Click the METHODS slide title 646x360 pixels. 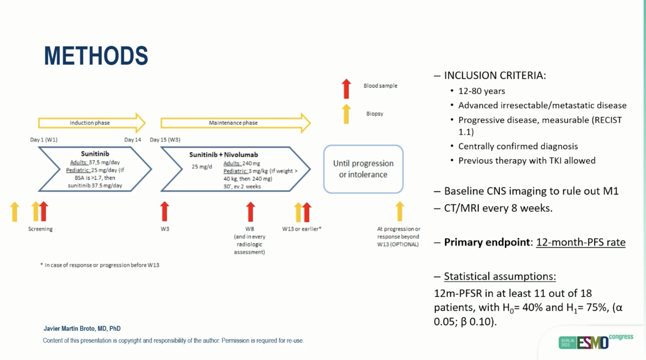96,56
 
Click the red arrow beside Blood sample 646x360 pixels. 346,89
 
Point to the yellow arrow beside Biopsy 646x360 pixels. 346,114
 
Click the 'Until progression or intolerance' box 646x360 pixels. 363,169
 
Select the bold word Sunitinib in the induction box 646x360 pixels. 95,154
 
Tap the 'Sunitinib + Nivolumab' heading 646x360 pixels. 223,154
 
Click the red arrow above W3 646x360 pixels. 164,211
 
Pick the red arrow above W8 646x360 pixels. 250,212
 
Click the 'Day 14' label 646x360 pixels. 133,140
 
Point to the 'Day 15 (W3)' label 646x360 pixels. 165,140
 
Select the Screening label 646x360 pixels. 40,229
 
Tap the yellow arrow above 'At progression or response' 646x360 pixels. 400,211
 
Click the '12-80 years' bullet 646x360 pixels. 482,91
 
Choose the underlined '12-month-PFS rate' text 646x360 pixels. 581,242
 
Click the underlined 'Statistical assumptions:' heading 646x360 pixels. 500,276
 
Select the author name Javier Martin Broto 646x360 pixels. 82,328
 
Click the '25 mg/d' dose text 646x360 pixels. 202,167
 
